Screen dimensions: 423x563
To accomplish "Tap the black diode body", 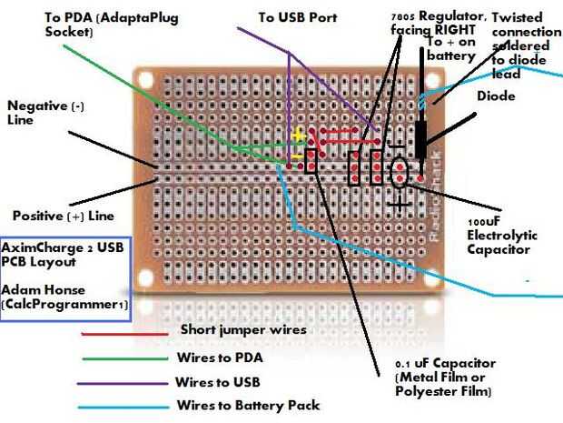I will pos(420,138).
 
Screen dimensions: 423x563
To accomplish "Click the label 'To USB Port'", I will pos(297,17).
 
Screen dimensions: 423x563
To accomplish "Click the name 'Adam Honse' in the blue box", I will pos(40,289).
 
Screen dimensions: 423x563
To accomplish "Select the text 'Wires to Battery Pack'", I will pos(250,406).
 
